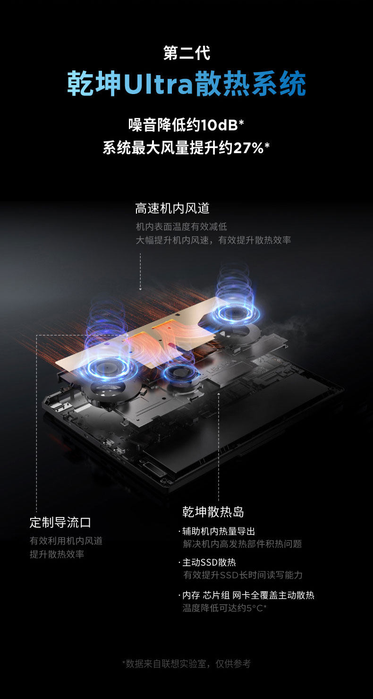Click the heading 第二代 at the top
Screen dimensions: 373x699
186,52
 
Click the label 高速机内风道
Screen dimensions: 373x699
172,208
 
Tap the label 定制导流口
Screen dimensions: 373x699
60,522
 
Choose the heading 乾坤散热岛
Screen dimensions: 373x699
213,511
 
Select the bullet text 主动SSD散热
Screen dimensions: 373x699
209,562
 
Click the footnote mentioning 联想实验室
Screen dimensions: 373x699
186,664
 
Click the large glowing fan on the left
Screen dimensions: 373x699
107,367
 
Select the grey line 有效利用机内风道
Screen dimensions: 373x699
66,541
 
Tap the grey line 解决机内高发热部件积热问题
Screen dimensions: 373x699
242,544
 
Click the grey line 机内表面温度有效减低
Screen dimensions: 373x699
181,227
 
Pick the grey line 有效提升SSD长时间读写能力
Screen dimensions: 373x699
243,575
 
